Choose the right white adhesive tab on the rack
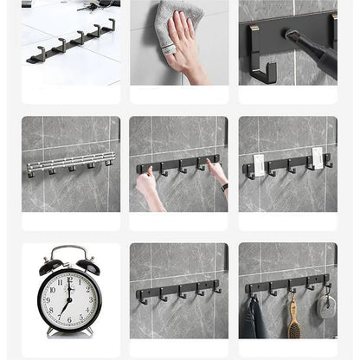point(318,157)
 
